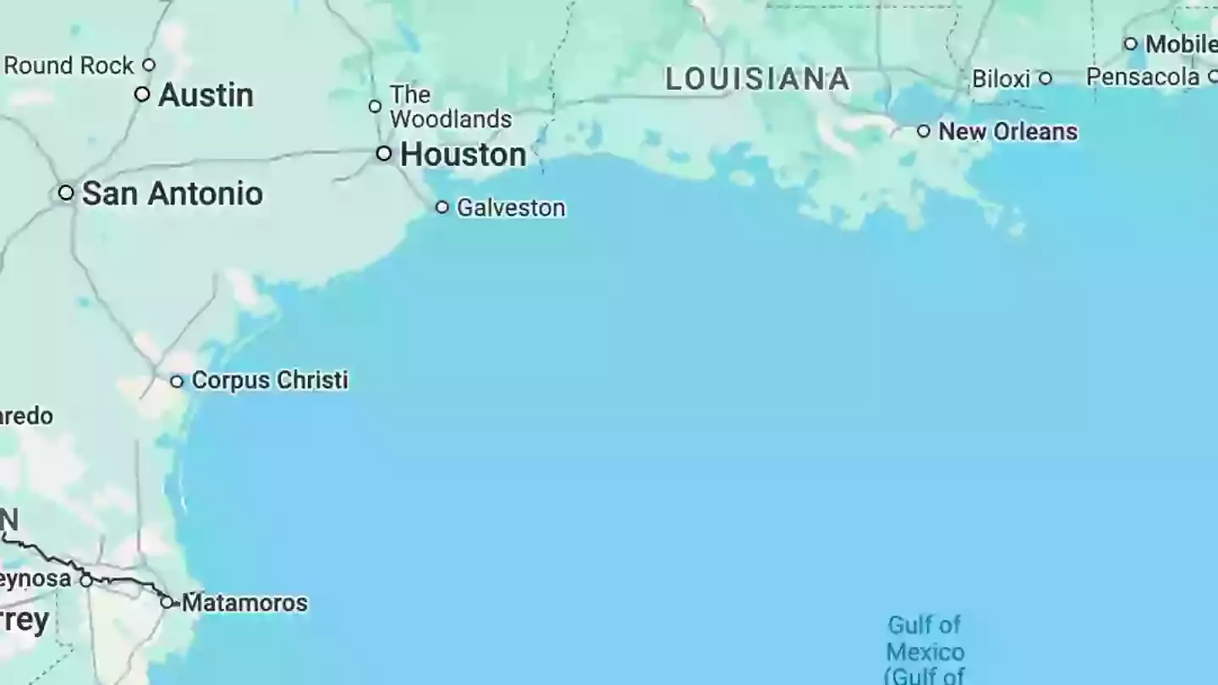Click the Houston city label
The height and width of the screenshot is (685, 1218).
pos(463,155)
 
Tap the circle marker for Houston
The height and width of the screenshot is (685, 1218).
pos(384,154)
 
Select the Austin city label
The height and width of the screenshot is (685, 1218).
pos(206,95)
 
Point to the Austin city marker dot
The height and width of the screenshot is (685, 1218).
pos(142,94)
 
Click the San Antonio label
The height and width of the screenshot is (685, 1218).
pos(172,194)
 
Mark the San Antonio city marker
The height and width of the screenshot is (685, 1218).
pos(66,193)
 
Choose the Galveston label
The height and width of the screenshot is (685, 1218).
pos(511,208)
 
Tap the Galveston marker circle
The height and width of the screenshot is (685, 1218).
pos(442,207)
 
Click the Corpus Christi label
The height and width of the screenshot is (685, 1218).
pos(270,381)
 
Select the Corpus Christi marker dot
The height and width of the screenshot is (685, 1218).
pos(177,381)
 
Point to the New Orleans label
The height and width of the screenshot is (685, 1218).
pos(1008,132)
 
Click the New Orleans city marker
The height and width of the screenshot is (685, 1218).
pos(924,131)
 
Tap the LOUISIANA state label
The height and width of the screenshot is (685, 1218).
pos(757,79)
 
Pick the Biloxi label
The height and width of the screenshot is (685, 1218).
pos(1001,79)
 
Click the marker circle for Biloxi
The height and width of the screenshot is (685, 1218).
pos(1045,79)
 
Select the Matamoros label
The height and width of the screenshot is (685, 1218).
pos(244,603)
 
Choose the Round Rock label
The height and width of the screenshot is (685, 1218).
pos(69,66)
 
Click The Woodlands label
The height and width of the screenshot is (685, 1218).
pos(450,107)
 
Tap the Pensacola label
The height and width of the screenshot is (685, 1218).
pos(1143,77)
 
